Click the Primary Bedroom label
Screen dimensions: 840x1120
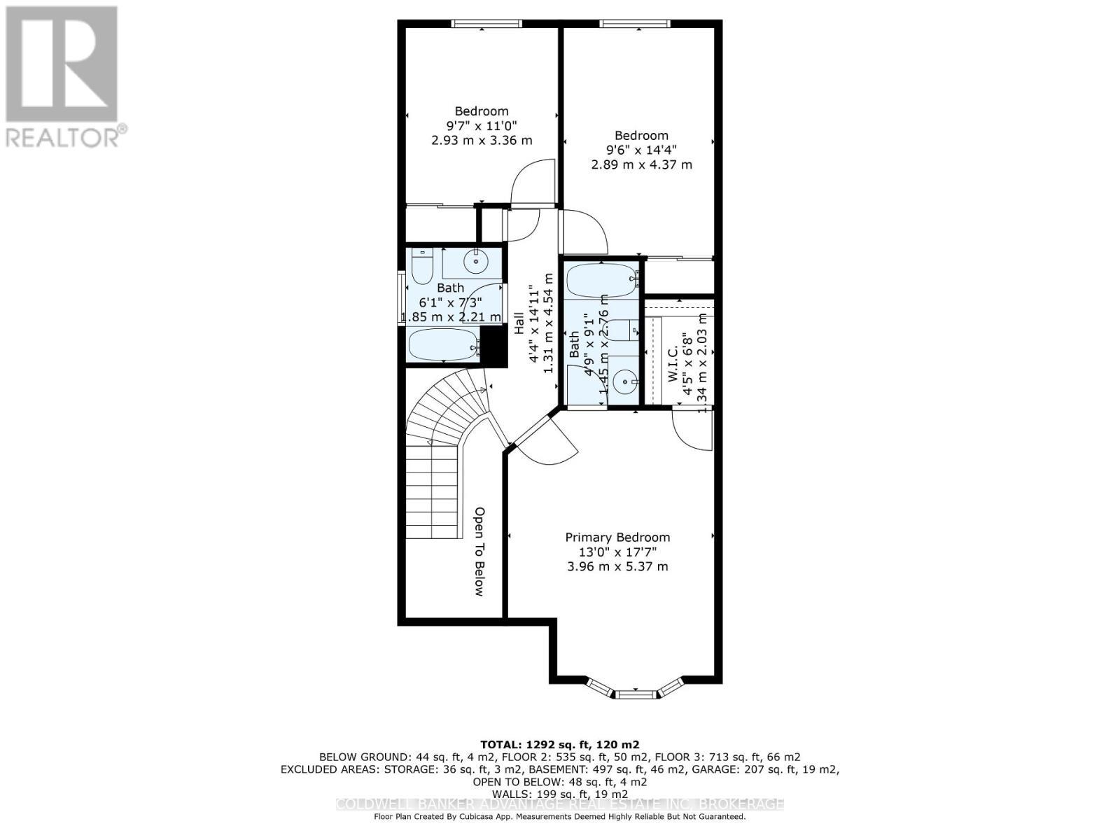tap(617, 538)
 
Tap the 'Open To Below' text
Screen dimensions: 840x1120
tap(479, 552)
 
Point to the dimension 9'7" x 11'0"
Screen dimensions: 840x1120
tap(482, 126)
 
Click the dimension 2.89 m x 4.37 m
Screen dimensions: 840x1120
tap(641, 165)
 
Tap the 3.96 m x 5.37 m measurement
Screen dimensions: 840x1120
tap(617, 566)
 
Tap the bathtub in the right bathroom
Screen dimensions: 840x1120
tap(601, 281)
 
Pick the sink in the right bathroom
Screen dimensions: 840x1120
tap(624, 381)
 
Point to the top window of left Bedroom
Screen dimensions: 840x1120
tap(486, 24)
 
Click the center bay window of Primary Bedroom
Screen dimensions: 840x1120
tap(637, 694)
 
